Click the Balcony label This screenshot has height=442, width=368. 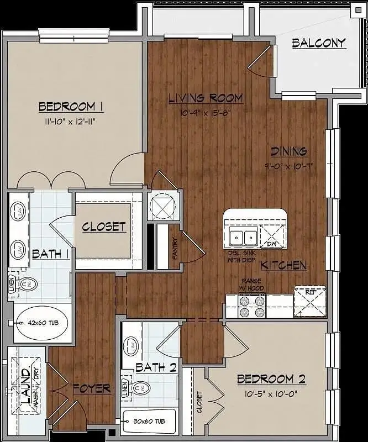pos(318,43)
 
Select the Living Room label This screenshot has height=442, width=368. pos(206,98)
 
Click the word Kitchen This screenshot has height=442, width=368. pos(283,266)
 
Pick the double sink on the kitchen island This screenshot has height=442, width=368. pos(243,237)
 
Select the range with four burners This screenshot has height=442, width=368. pos(251,307)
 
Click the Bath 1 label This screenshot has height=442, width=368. pos(50,254)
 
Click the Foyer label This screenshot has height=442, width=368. pos(91,388)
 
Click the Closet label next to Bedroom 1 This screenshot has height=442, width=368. pos(104,227)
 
